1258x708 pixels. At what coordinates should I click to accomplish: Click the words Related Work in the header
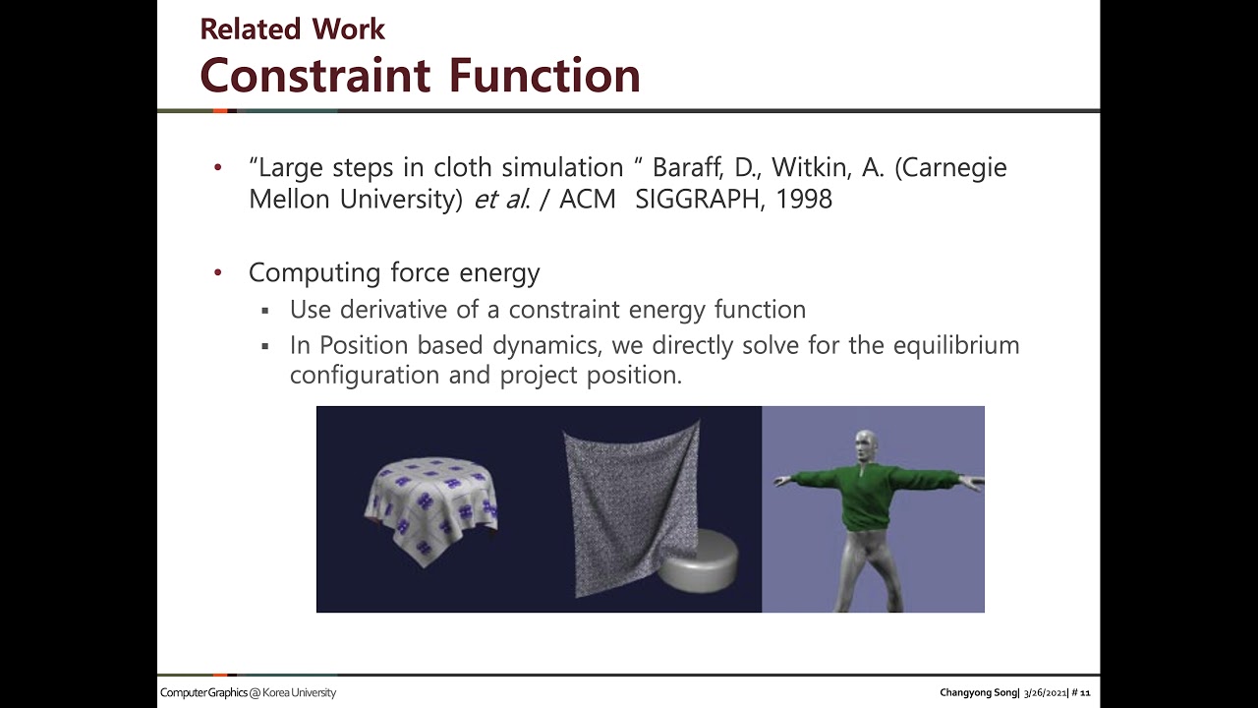pyautogui.click(x=292, y=29)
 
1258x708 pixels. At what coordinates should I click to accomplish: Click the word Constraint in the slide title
pyautogui.click(x=314, y=75)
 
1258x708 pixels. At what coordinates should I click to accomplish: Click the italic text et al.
pyautogui.click(x=502, y=200)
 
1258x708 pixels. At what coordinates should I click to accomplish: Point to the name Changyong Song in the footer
pyautogui.click(x=979, y=693)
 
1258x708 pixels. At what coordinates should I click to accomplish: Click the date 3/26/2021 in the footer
pyautogui.click(x=1045, y=693)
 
